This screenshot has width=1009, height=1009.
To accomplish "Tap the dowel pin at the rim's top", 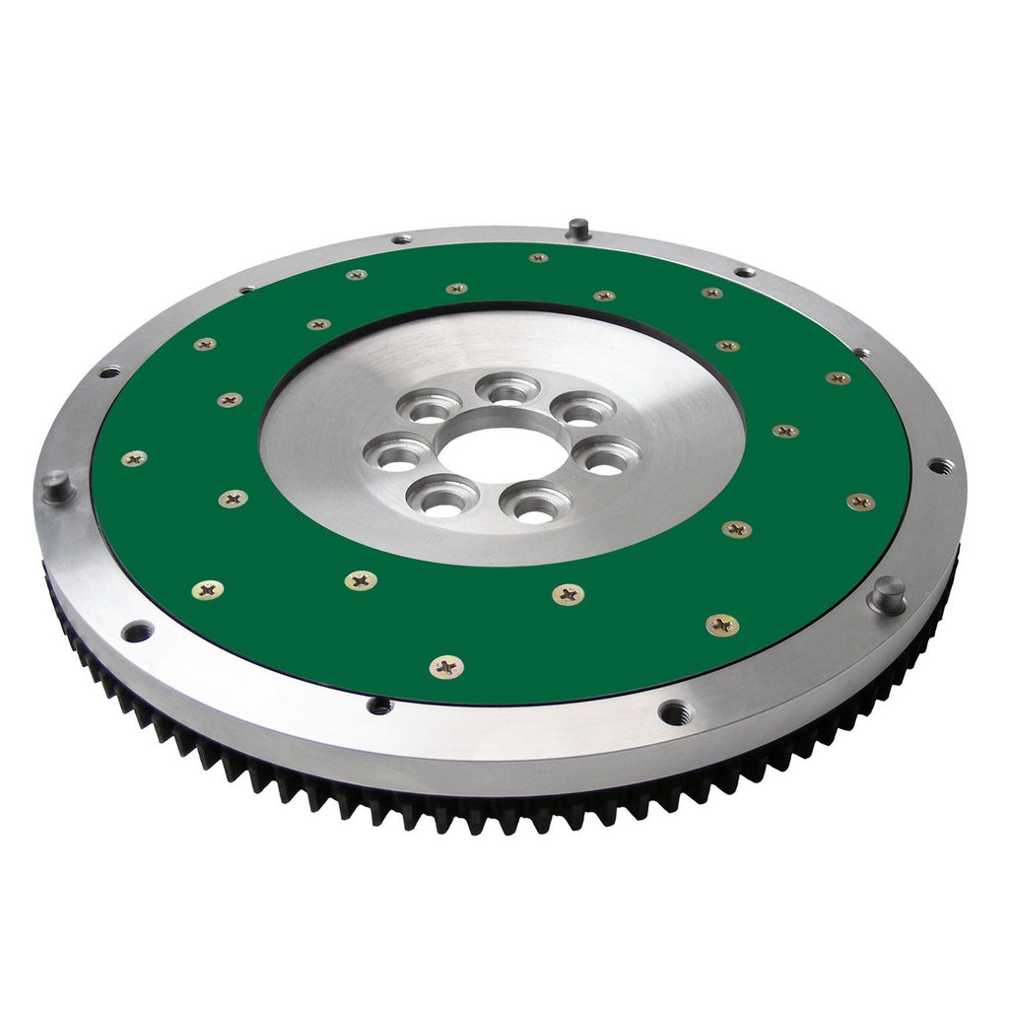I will click(x=578, y=230).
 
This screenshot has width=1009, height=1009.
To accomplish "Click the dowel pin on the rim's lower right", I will click(x=887, y=594).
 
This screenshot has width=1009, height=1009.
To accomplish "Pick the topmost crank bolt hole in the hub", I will click(x=508, y=390).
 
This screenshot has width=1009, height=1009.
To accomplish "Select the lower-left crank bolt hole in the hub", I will click(x=444, y=499).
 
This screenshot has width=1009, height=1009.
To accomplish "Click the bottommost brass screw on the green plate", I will click(x=447, y=667).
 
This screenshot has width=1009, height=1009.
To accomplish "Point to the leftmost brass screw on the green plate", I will click(x=134, y=458).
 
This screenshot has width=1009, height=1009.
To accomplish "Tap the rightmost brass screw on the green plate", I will click(x=860, y=502).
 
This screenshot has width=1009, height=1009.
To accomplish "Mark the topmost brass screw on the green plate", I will click(x=538, y=258).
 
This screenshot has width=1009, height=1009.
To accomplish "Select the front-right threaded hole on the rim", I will click(x=674, y=711).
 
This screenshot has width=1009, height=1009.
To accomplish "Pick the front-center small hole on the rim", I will click(x=378, y=705).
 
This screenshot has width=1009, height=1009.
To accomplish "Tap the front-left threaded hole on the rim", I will click(x=137, y=631).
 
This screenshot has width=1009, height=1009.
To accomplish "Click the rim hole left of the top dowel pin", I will click(x=401, y=238).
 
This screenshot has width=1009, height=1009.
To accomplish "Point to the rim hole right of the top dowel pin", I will click(x=745, y=271).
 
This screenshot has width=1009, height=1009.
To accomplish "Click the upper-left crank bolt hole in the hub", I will click(x=430, y=406).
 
